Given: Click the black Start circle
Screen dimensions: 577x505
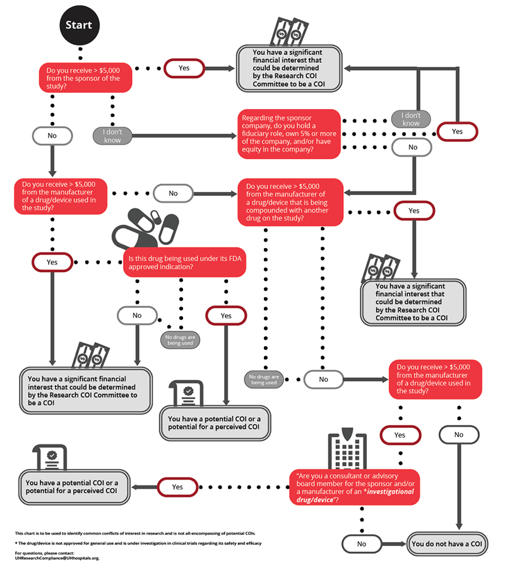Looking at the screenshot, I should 79,25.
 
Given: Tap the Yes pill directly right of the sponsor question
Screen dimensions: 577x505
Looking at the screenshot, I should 184,68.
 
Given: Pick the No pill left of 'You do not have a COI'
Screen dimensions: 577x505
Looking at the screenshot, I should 362,544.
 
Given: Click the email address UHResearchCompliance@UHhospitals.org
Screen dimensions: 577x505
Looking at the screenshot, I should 57,559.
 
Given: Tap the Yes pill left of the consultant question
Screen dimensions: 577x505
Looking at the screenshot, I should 177,487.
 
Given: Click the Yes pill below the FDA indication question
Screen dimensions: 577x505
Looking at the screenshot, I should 226,315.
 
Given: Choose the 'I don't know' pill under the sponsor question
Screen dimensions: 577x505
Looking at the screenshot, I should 112,136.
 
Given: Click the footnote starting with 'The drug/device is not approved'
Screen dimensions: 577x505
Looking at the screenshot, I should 139,543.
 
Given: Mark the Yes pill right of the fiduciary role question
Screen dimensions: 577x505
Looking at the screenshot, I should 458,131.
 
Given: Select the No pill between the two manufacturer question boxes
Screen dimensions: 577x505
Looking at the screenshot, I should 173,193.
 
